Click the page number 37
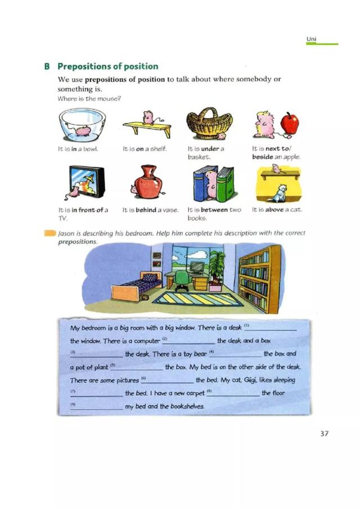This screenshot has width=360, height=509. pyautogui.click(x=323, y=434)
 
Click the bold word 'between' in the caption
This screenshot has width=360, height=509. pyautogui.click(x=214, y=210)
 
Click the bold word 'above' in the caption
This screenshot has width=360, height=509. pyautogui.click(x=274, y=210)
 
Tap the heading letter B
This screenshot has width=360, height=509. pyautogui.click(x=47, y=66)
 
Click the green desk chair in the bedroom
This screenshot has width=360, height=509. pyautogui.click(x=182, y=279)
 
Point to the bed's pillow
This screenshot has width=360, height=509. pyautogui.click(x=150, y=277)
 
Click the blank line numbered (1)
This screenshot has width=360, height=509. pyautogui.click(x=274, y=330)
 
